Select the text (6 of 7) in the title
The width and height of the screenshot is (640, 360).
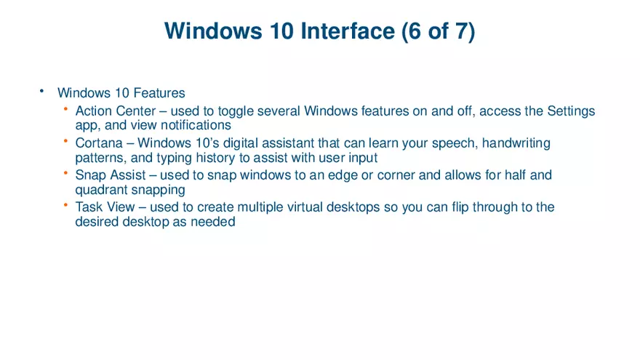point(437,31)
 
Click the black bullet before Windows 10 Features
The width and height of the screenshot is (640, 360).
point(42,91)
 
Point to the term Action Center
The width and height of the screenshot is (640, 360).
point(115,111)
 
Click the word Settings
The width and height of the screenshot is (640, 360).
point(571,111)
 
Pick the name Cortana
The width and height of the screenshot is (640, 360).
point(99,143)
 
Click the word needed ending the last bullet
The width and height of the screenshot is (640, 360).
point(212,221)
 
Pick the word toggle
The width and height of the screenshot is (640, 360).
point(232,111)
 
